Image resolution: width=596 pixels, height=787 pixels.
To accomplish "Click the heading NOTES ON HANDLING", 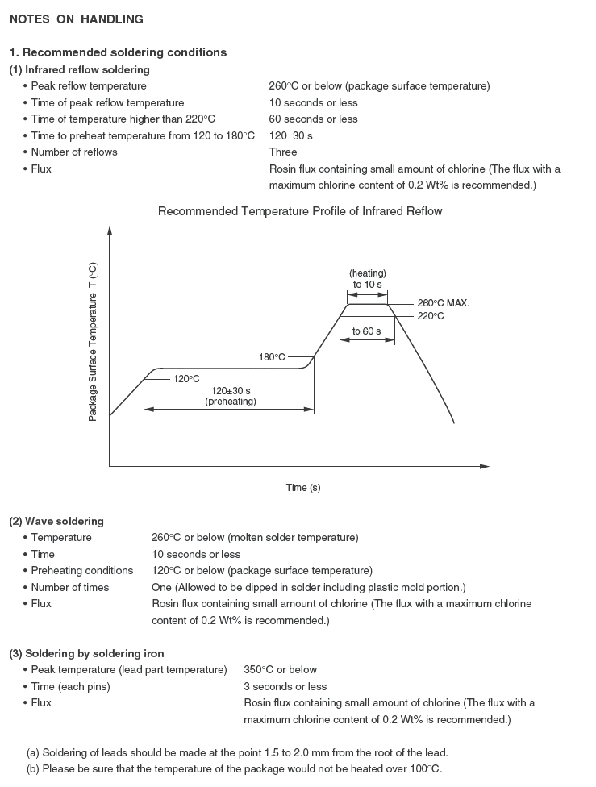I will pos(77,19).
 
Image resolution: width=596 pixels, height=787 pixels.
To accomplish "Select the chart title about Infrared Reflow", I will pos(300,211).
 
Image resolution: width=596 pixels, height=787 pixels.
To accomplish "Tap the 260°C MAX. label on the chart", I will pos(443,303).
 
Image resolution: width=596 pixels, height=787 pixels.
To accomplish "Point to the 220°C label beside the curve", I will pos(431,316).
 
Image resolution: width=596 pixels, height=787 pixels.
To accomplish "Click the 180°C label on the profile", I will pos(273,356).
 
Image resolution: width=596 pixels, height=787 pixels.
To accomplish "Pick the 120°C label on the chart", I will pos(186,378).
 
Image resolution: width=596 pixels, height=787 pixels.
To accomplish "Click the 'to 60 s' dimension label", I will pos(367,331).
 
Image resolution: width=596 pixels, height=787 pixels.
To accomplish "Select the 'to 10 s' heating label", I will pos(367,285).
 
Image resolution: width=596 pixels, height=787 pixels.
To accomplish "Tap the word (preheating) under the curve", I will pos(231,402).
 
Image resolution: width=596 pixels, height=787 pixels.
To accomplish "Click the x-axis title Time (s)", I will pos(303,488).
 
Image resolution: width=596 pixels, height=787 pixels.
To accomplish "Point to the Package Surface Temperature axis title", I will pos(93,342).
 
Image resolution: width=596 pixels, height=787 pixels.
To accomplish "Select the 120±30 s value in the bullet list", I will pos(291,135).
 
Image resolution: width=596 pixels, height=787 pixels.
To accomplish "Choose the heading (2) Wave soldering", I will pos(56,522).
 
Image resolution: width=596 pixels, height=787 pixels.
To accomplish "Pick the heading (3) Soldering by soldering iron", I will pos(86,653).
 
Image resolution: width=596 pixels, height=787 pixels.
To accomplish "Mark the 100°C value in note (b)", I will pos(424,768).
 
